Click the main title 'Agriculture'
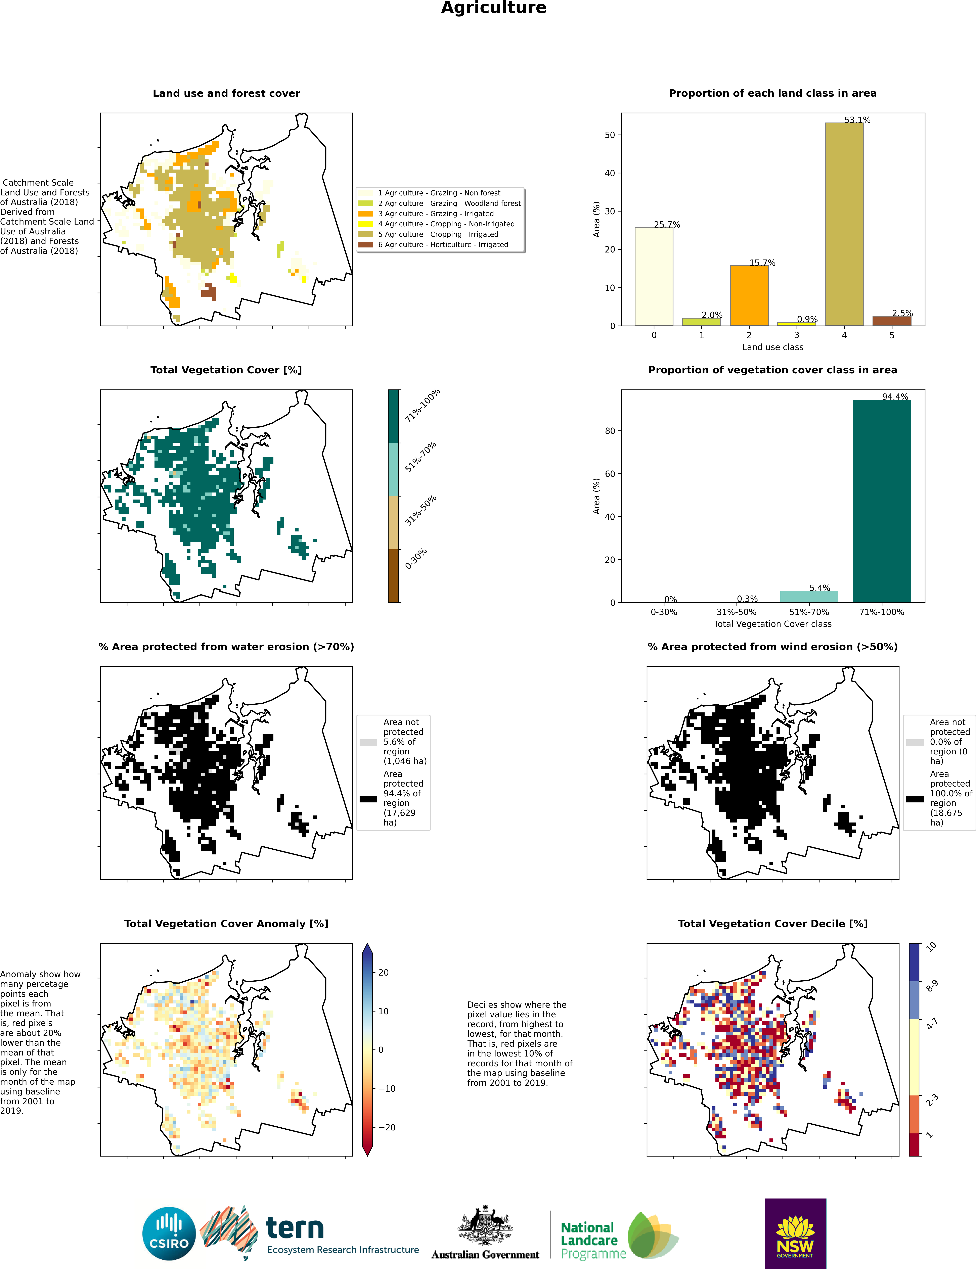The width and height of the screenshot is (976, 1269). (x=493, y=8)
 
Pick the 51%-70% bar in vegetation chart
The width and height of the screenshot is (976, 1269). (x=809, y=597)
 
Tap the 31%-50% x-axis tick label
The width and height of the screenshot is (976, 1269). (x=736, y=612)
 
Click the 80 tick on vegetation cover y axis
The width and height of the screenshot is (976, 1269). (x=609, y=431)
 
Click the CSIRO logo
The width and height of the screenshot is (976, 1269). (x=169, y=1234)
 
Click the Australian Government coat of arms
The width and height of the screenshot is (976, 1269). (x=485, y=1225)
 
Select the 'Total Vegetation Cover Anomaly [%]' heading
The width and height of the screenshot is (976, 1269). (x=226, y=924)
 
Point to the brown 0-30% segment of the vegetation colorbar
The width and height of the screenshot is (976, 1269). (x=393, y=576)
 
